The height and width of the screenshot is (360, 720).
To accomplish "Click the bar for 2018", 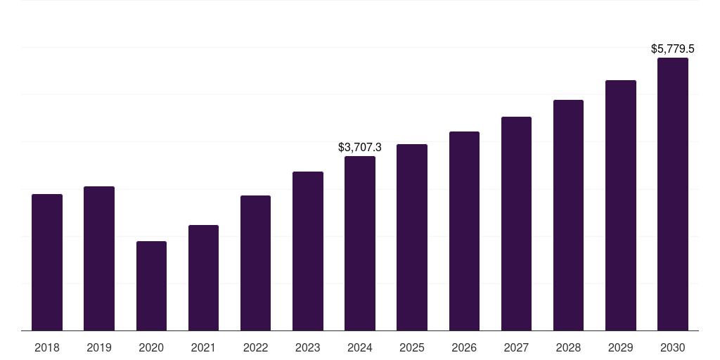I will click(47, 262).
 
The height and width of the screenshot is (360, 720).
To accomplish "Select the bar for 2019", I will click(99, 258).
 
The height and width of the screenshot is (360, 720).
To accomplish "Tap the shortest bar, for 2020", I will click(151, 285).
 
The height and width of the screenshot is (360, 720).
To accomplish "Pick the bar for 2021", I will click(203, 278).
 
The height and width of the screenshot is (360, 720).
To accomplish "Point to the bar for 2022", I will click(255, 263).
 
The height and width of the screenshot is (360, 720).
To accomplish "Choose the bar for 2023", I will click(308, 251).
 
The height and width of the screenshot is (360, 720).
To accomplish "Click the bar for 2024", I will click(360, 243).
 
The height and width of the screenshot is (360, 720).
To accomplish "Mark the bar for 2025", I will click(412, 237).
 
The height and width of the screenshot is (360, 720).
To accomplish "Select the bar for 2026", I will click(464, 231).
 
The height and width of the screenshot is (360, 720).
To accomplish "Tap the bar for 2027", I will click(516, 224).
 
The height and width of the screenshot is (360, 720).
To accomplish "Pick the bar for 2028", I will click(568, 215).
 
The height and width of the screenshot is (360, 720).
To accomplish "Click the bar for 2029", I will click(621, 205).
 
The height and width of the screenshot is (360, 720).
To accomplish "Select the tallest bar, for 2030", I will click(673, 194).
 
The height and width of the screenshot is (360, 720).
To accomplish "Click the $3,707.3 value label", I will click(360, 148).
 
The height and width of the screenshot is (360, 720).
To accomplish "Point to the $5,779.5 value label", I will click(673, 49).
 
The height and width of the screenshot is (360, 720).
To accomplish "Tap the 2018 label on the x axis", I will click(47, 347).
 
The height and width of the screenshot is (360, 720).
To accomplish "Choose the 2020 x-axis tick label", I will click(151, 347).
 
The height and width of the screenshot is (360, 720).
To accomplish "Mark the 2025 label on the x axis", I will click(412, 347).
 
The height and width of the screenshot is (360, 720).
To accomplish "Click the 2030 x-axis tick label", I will click(673, 347).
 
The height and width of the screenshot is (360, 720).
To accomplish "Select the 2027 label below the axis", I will click(516, 347).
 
